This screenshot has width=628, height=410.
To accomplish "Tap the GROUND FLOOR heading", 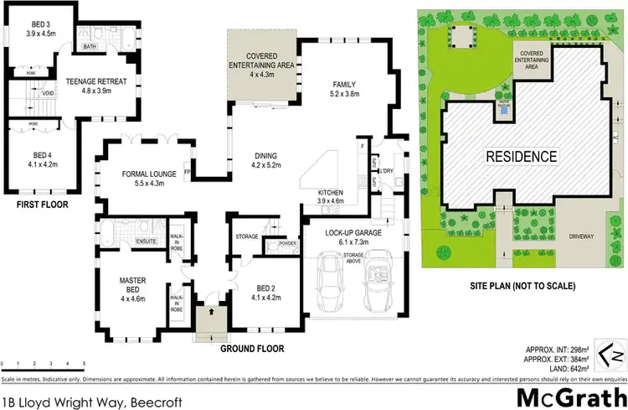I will [251, 348].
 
